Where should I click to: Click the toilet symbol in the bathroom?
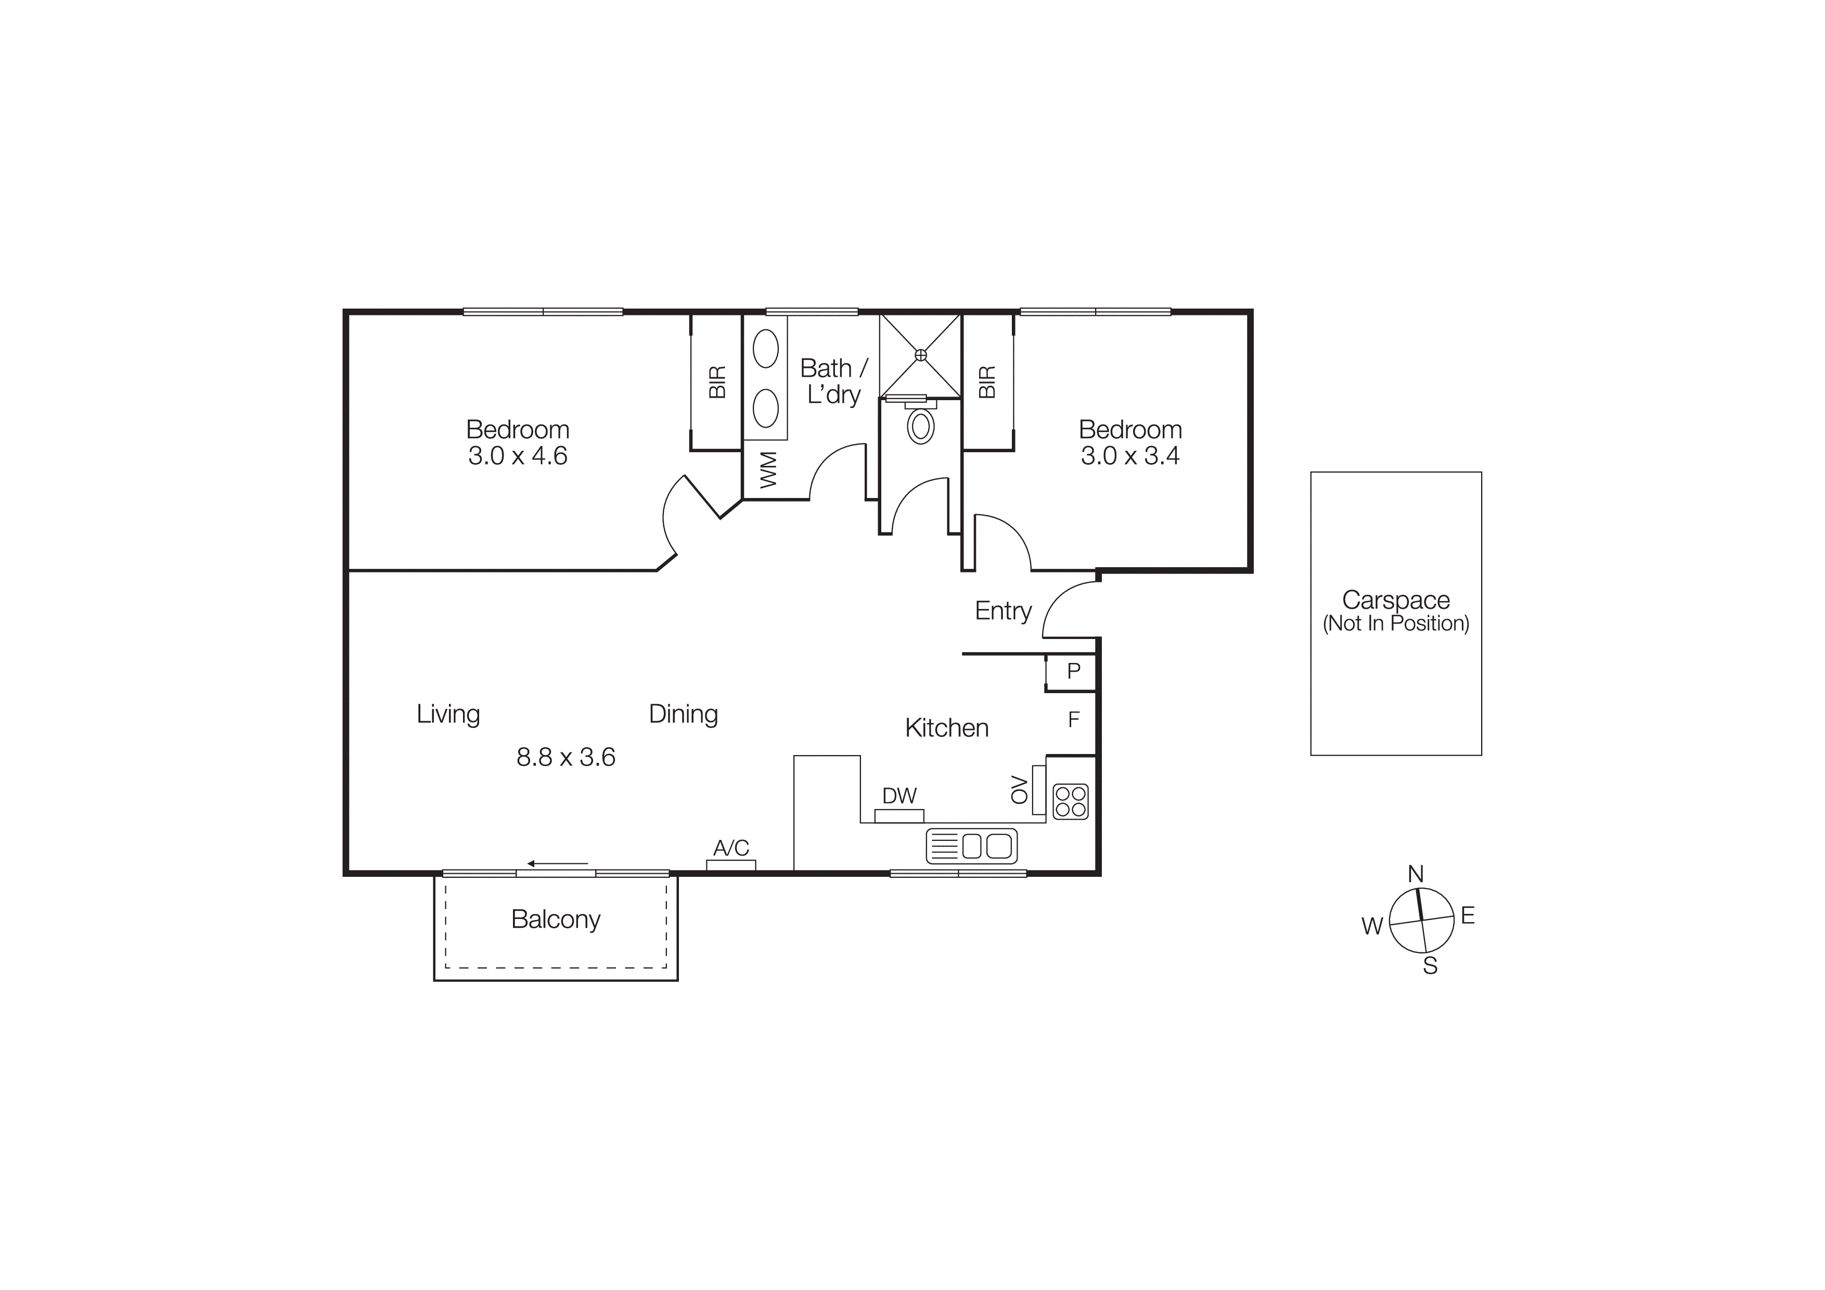(920, 426)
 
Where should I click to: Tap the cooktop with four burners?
(1070, 801)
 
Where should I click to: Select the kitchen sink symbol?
(971, 846)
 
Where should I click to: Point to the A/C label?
(730, 848)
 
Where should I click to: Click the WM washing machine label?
(767, 470)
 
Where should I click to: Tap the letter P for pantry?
(1073, 671)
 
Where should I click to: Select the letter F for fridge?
(1073, 719)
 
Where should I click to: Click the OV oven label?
(1018, 789)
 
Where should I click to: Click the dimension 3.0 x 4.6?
(518, 455)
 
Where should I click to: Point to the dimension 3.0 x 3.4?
(1129, 455)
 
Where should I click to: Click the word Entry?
(1003, 610)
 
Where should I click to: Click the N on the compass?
(1415, 874)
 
